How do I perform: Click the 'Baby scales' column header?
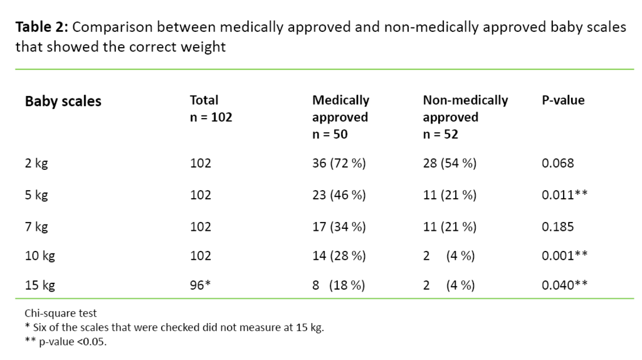point(63,102)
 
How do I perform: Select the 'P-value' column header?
point(563,100)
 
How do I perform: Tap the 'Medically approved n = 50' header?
point(340,117)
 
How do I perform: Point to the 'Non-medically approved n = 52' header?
point(465,117)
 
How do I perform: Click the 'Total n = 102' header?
point(211,109)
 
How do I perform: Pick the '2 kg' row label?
point(36,164)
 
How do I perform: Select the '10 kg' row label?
point(39,256)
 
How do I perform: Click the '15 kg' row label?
point(39,286)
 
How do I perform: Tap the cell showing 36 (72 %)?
point(339,164)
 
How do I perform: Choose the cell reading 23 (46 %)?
point(339,195)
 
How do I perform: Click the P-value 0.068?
point(557,164)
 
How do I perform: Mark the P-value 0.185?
point(557,226)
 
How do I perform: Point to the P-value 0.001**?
point(564,256)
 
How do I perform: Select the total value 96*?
point(201,286)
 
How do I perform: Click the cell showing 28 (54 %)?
point(450,164)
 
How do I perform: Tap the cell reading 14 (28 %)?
point(339,256)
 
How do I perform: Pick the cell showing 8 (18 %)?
point(339,286)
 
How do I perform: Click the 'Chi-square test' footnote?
point(61,313)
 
